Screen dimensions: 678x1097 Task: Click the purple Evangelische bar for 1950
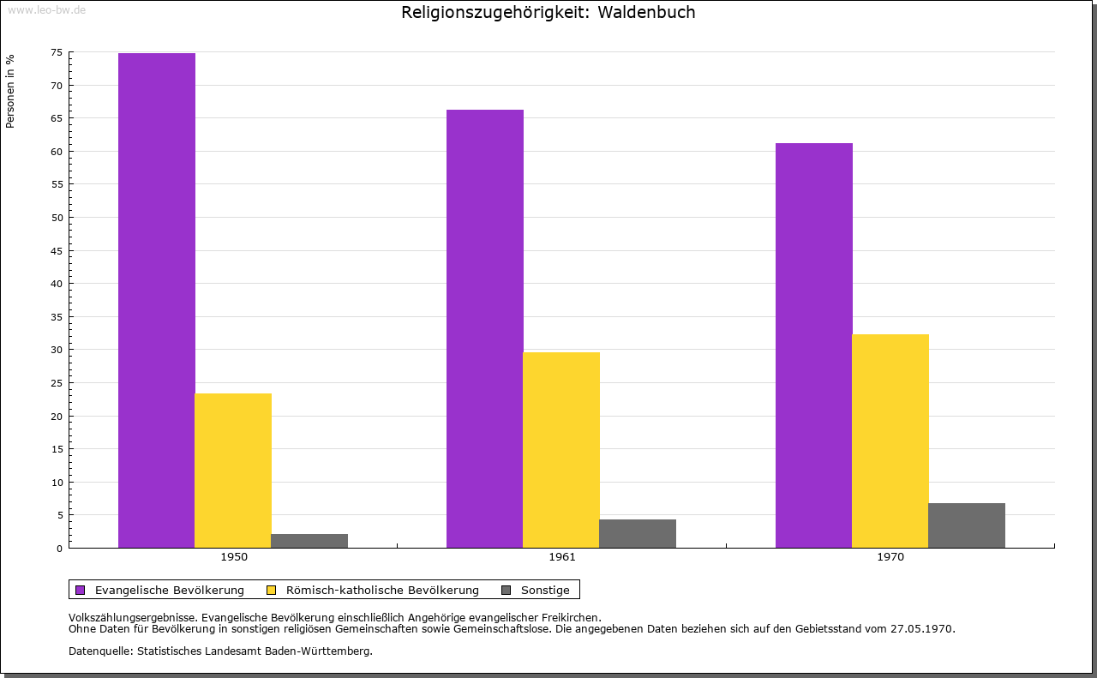[x=157, y=300]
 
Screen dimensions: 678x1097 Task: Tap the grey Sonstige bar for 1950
[x=309, y=541]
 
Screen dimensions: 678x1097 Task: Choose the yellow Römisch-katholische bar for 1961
[x=561, y=449]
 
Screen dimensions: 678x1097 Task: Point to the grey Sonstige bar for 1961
[x=638, y=533]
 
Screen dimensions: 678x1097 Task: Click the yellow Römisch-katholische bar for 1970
[x=890, y=441]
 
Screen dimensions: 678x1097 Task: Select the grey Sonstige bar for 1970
[x=967, y=525]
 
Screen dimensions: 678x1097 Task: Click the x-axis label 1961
[x=562, y=557]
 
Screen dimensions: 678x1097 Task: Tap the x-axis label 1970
[x=890, y=557]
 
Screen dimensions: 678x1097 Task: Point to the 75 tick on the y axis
[x=57, y=52]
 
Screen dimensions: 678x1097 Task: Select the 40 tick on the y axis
[x=57, y=284]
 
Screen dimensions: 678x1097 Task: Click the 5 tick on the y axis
[x=59, y=515]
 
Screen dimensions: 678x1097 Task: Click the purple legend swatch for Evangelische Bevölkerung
[x=81, y=590]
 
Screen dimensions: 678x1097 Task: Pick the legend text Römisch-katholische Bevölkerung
[x=382, y=590]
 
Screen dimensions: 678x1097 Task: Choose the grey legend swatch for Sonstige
[x=506, y=590]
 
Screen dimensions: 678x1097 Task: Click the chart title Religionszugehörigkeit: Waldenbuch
[x=548, y=13]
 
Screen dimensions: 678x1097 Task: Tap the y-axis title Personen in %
[x=10, y=91]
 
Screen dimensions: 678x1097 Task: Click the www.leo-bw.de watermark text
[x=46, y=9]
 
